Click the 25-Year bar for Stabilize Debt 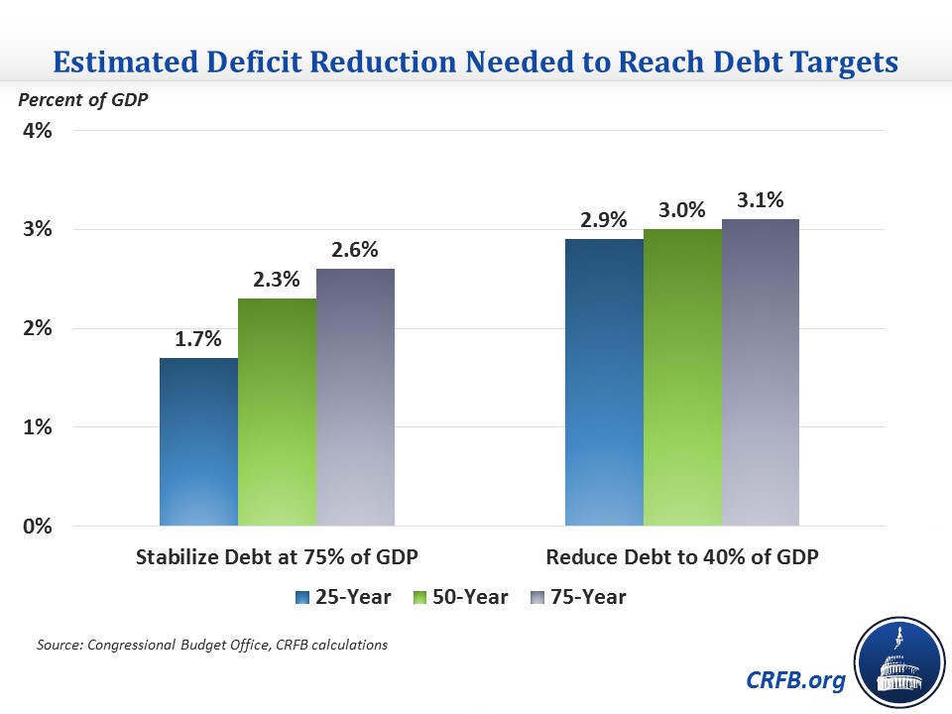point(199,441)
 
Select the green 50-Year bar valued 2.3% point(278,412)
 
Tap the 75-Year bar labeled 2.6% point(355,397)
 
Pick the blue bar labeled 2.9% point(604,382)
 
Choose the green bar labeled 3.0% point(682,377)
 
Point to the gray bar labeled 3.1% point(761,372)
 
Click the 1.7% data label point(199,340)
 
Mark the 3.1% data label point(761,201)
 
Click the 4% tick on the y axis point(37,131)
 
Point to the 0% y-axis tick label point(37,526)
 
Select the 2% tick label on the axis point(37,328)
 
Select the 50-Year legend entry point(466,597)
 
